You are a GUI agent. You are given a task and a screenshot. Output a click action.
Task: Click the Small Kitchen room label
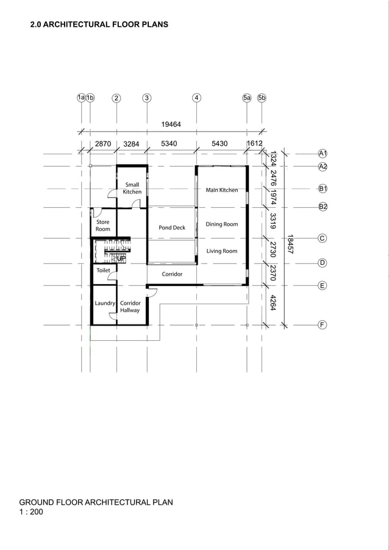click(x=132, y=188)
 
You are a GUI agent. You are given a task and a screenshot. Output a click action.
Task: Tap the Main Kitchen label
click(x=222, y=190)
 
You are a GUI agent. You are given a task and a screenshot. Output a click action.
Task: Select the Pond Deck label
click(x=172, y=227)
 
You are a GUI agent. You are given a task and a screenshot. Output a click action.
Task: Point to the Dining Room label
click(x=222, y=224)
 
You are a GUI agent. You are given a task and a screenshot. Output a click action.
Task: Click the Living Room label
click(x=222, y=251)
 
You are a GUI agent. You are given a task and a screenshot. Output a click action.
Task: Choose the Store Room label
click(x=103, y=226)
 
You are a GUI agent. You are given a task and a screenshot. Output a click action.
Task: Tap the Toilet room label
click(x=103, y=270)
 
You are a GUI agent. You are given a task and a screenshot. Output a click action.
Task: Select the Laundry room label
click(x=105, y=303)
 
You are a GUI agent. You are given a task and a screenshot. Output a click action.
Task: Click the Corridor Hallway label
click(x=130, y=307)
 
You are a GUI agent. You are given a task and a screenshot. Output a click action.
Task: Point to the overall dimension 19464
click(x=171, y=124)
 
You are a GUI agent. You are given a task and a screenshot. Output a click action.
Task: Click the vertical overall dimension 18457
click(x=291, y=245)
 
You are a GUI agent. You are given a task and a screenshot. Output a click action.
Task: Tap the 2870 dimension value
click(x=103, y=145)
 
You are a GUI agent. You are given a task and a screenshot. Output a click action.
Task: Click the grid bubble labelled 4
click(x=196, y=98)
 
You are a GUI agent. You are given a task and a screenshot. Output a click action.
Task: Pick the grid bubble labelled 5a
click(x=247, y=98)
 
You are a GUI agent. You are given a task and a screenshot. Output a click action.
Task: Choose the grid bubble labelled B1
click(x=323, y=189)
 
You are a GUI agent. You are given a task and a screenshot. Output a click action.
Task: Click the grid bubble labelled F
click(x=323, y=325)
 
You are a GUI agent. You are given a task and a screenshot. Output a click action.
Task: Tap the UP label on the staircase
click(x=121, y=259)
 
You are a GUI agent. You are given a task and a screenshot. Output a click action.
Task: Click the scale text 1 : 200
click(x=31, y=512)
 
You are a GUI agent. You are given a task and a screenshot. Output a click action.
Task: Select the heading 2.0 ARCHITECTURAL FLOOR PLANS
click(x=99, y=25)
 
